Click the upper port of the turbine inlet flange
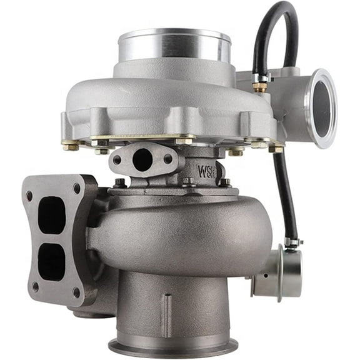click(x=52, y=214)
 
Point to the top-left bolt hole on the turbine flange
click(x=29, y=196)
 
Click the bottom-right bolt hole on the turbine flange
click(x=76, y=291)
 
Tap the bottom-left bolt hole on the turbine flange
click(x=35, y=287)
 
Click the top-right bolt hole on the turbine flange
click(x=76, y=187)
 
